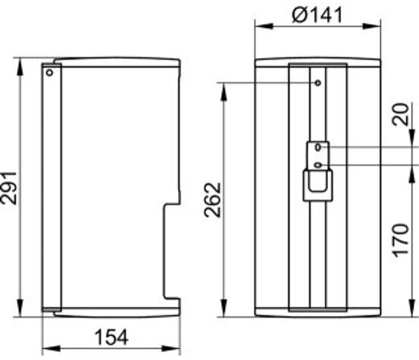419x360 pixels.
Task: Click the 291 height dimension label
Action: coord(9,188)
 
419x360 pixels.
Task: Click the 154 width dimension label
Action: coord(112,337)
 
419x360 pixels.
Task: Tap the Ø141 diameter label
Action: coord(317,15)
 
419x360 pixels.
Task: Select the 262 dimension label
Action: coord(212,200)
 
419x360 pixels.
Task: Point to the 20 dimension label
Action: coord(400,114)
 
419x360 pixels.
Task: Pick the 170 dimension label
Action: coord(401,241)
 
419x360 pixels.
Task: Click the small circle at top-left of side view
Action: coord(50,72)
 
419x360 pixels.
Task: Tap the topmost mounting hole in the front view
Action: coord(318,83)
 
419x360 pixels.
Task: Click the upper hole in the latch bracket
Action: coord(318,147)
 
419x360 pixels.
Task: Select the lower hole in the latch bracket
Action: coord(318,165)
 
